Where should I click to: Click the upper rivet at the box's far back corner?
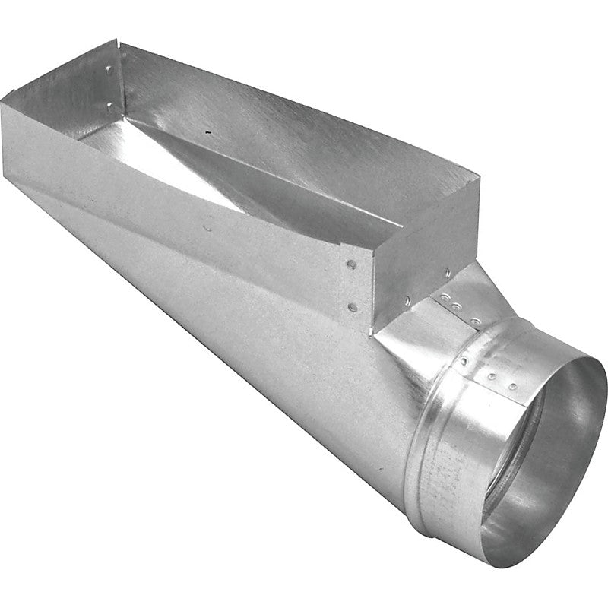[109, 70]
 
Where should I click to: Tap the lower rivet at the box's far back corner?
[109, 106]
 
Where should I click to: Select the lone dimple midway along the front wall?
[207, 226]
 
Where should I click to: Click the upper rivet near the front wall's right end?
[351, 265]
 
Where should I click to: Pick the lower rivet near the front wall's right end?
[352, 308]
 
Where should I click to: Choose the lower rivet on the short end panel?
[407, 301]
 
